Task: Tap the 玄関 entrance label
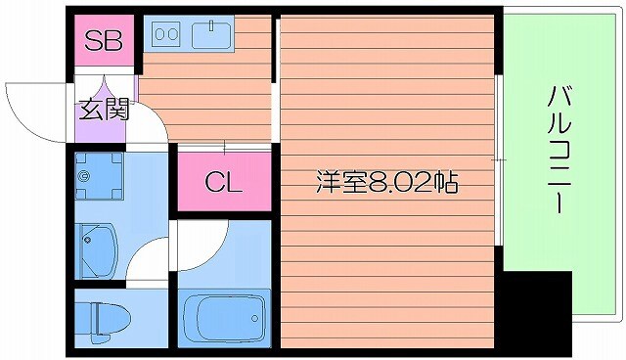104,110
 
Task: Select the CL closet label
223,181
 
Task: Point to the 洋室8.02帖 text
387,182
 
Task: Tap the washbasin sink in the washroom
96,246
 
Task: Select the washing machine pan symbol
98,177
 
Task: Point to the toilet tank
84,317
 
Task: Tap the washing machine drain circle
86,177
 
